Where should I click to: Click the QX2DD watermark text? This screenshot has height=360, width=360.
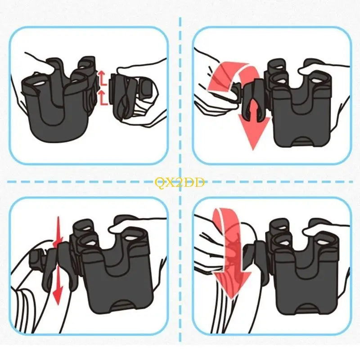point(180,182)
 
